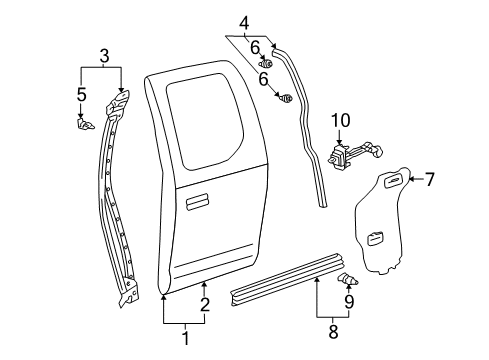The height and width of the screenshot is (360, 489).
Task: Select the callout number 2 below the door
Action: point(205,305)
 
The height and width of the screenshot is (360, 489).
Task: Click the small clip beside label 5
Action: point(85,124)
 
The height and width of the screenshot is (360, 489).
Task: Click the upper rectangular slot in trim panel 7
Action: point(393,180)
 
